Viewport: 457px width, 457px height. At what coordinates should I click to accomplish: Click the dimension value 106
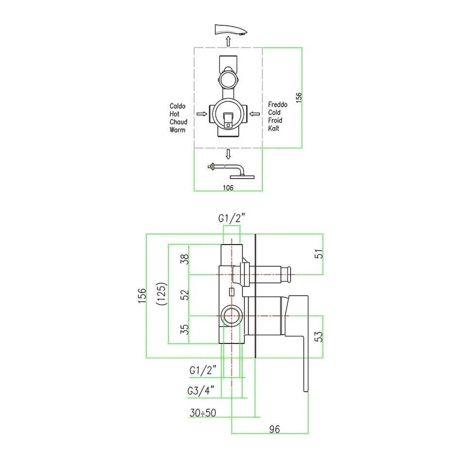(x=228, y=188)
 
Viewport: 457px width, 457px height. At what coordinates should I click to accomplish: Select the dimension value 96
(x=275, y=428)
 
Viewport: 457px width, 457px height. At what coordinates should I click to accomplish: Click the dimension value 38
(x=184, y=260)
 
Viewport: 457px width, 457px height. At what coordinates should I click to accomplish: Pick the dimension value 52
(x=184, y=295)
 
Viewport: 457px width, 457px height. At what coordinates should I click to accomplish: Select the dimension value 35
(x=184, y=329)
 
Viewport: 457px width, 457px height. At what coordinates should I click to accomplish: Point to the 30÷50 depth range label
(x=203, y=413)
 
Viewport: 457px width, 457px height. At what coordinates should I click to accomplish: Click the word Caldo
(x=178, y=106)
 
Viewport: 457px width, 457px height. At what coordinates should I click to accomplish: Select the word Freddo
(x=278, y=104)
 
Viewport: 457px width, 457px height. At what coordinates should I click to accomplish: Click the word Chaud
(x=179, y=122)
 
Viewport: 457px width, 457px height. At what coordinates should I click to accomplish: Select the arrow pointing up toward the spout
(x=228, y=40)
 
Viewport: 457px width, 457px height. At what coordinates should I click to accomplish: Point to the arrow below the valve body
(x=228, y=154)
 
